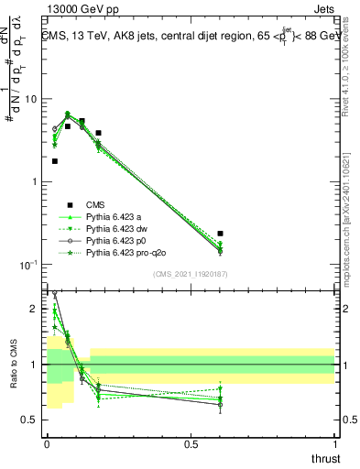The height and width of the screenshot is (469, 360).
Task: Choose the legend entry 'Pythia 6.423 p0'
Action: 113,239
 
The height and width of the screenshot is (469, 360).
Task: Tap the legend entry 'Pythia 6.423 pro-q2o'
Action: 125,251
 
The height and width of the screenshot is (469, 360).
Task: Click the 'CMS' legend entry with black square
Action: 95,205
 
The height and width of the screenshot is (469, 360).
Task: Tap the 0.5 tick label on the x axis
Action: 190,444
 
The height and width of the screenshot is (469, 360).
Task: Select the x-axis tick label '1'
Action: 334,444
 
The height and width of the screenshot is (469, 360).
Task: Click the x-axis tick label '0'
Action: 46,444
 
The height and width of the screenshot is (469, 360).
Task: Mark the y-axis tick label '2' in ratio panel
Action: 34,310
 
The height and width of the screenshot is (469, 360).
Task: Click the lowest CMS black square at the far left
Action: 54,161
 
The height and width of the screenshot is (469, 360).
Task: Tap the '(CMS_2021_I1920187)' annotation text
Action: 191,274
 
